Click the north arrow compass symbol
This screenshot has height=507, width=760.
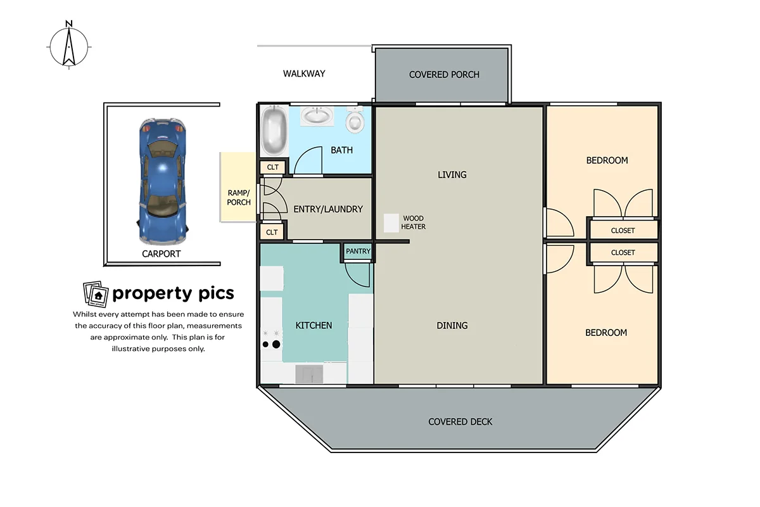coord(69,46)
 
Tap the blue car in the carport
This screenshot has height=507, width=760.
coord(162,181)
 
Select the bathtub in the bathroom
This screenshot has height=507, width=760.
coord(274,131)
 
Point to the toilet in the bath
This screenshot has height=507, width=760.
coord(357,120)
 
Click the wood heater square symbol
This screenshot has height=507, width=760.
coord(391,222)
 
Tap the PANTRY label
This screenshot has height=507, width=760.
coord(358,252)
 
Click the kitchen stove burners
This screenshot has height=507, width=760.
coord(270,340)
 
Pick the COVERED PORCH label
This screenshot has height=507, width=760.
coord(444,75)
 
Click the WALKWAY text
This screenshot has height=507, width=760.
coord(304,74)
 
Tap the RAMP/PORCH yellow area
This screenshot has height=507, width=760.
coord(238,187)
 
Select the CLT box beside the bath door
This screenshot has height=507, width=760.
coord(272,168)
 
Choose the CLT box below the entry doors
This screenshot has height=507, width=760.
coord(272,233)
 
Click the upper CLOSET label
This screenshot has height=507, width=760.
coord(623,231)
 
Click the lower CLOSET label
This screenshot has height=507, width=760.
coord(623,252)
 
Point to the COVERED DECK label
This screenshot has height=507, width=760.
coord(460,422)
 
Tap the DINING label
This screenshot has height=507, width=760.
coord(452,326)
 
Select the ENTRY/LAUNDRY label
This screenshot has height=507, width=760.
coord(328,209)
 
